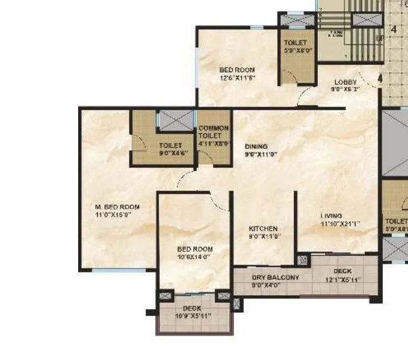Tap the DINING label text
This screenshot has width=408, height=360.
click(256, 146)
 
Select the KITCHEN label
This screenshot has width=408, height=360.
click(264, 228)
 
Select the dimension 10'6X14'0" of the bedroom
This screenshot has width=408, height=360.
click(195, 257)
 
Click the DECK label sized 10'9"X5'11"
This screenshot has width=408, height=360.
click(192, 308)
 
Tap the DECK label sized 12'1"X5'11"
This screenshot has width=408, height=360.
click(342, 271)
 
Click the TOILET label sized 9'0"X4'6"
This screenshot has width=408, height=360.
click(171, 145)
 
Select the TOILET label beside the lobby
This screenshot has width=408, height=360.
click(295, 43)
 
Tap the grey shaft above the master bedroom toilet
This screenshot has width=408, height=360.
click(175, 121)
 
